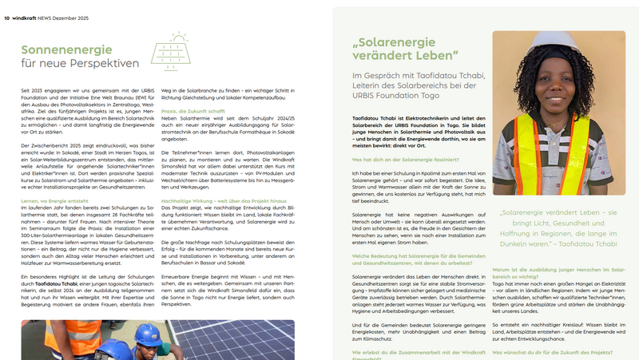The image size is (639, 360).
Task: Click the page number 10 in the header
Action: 6,6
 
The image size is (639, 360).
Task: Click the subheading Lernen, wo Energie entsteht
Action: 55,180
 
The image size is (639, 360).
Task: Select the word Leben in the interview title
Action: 436,56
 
